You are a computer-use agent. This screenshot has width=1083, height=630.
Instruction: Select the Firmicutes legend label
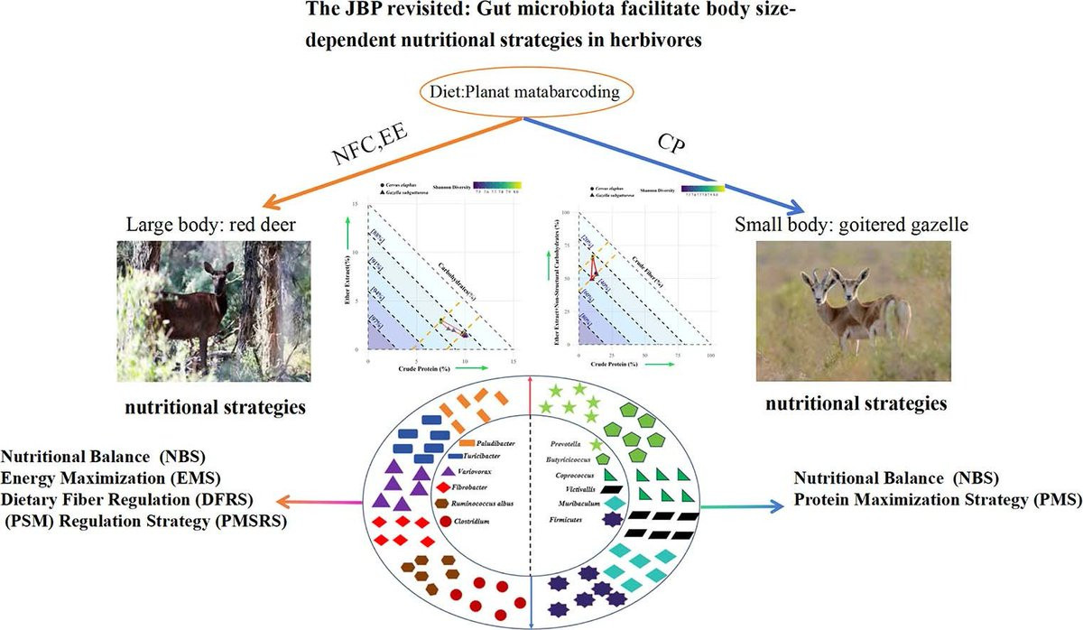pos(570,521)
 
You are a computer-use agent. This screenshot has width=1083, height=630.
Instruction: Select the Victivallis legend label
pos(570,488)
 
